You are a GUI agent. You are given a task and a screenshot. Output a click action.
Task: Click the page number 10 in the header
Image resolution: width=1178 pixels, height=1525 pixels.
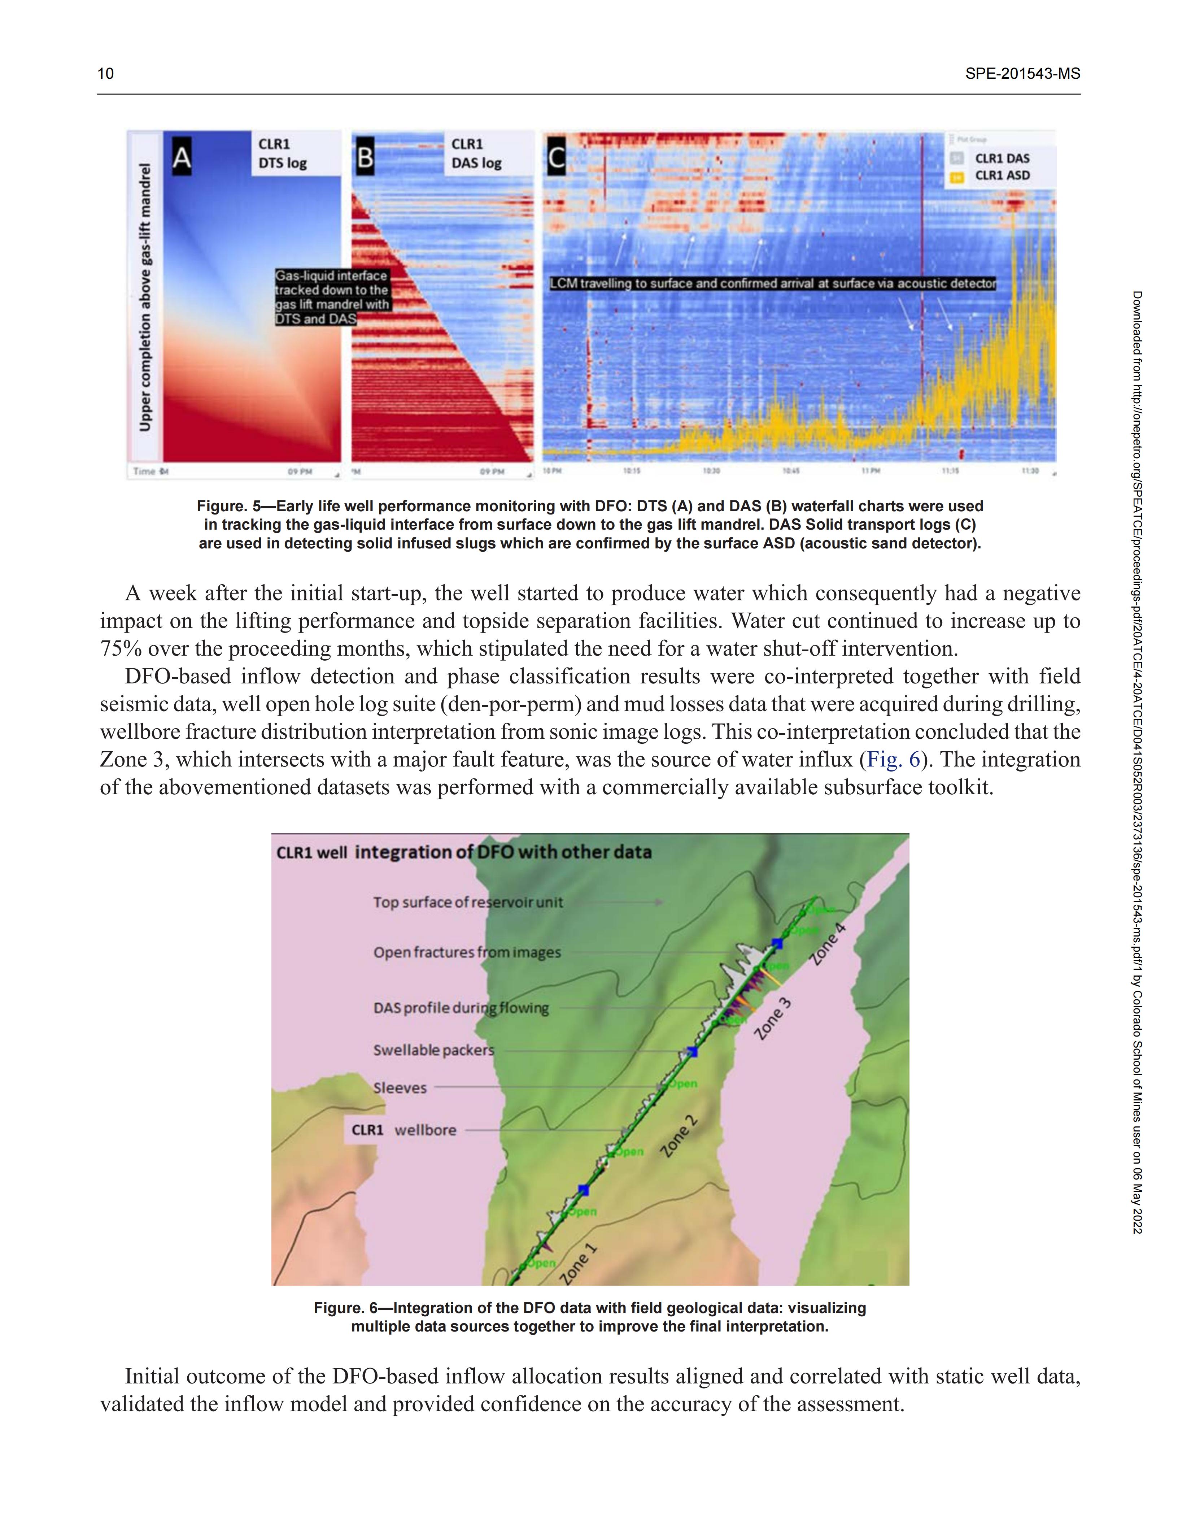[105, 73]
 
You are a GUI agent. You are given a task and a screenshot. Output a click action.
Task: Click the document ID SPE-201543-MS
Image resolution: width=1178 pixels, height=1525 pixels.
[1022, 73]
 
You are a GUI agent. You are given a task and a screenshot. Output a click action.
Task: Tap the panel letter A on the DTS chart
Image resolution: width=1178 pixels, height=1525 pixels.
[182, 157]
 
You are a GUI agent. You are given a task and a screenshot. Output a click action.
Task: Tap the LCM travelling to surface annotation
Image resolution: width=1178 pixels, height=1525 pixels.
[773, 283]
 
